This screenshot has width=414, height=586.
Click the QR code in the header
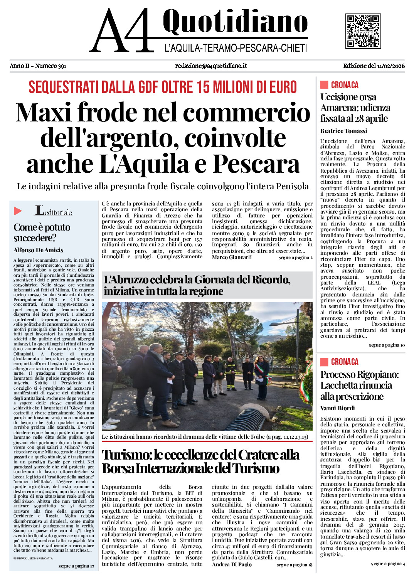click(363, 31)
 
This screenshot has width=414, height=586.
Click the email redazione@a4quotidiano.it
click(211, 66)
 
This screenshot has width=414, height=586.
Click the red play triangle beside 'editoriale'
click(18, 211)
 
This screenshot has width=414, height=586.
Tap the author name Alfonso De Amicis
click(38, 250)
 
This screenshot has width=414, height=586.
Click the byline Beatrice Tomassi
click(343, 131)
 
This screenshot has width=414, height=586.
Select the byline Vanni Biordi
click(337, 408)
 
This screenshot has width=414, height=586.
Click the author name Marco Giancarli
click(232, 257)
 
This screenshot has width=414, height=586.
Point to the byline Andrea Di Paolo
click(232, 564)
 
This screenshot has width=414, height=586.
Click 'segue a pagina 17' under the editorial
click(76, 566)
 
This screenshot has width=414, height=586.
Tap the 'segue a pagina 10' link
click(387, 345)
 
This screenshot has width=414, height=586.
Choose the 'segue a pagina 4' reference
click(388, 564)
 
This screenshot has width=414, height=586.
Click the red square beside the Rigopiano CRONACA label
click(324, 362)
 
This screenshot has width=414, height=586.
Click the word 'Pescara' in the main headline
click(256, 164)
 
